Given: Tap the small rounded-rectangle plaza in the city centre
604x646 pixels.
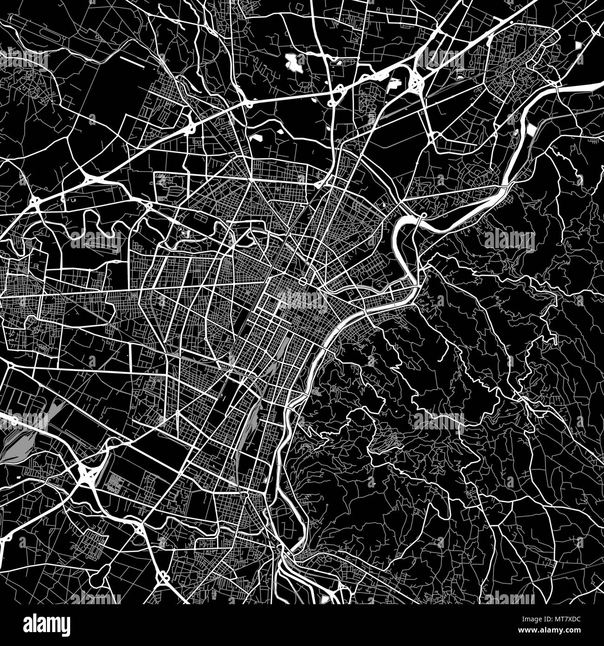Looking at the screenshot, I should [x=302, y=282].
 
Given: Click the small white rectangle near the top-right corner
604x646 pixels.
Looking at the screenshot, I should [x=578, y=46].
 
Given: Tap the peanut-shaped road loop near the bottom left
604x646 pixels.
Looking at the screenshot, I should [x=164, y=578].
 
